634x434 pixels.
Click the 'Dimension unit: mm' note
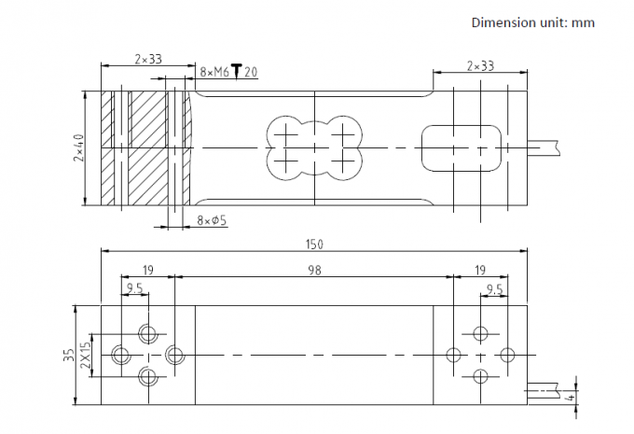coord(533,22)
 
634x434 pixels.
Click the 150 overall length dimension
coord(314,245)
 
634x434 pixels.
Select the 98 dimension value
coord(314,270)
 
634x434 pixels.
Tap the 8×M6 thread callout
coord(214,73)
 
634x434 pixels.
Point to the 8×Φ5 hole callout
coord(212,220)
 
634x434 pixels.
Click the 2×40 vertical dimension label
coord(79,147)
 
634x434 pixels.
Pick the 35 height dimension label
coord(70,355)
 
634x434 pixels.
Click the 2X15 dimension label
coord(86,355)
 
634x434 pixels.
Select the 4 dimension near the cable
coord(571,398)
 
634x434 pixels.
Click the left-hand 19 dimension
coord(148,270)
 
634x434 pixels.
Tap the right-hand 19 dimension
coord(480,270)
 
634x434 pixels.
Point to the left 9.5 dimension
coord(134,288)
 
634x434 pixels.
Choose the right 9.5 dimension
coord(494,289)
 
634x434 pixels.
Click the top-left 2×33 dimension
coord(148,60)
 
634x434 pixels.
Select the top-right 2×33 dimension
coord(480,65)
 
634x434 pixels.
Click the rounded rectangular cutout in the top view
coord(462,125)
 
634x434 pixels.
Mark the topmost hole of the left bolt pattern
coord(148,333)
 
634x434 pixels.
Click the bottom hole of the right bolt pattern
coord(480,376)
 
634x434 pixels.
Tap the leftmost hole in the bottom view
coord(120,355)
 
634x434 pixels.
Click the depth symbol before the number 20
coord(237,72)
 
